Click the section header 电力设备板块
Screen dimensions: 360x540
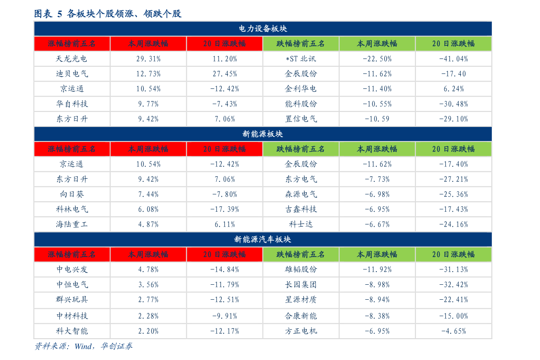(x=263, y=29)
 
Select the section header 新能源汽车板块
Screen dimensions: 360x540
(x=263, y=239)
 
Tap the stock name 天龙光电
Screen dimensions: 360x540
(x=72, y=58)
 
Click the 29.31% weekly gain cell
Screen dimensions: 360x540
(x=148, y=58)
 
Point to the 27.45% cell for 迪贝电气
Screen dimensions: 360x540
(x=224, y=73)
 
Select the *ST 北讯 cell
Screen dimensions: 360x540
(x=301, y=58)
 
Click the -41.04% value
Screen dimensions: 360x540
(x=453, y=58)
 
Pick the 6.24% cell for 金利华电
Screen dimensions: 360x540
(x=453, y=89)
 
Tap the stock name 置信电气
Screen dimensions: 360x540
(x=301, y=119)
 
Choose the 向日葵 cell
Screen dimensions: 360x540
(x=72, y=194)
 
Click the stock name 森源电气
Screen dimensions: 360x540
(x=301, y=194)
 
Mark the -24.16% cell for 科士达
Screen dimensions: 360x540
(x=453, y=224)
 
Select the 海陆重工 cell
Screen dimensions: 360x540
(x=72, y=224)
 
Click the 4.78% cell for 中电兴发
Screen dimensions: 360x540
(x=148, y=269)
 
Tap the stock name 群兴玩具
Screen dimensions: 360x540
(x=72, y=299)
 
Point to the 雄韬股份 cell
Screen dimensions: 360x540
(x=301, y=269)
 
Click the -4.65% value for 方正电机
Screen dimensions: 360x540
(x=453, y=331)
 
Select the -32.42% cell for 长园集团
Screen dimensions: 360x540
(x=453, y=284)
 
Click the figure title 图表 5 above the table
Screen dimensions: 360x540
(x=107, y=14)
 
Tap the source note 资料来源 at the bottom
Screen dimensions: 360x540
(x=83, y=346)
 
